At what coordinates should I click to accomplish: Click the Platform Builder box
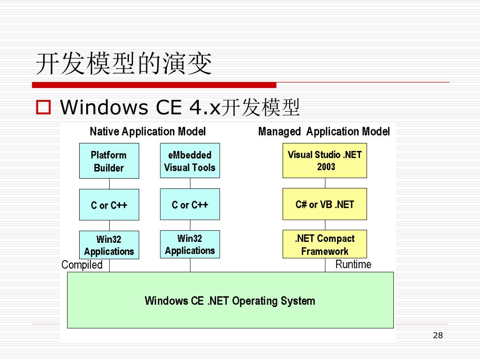click(109, 161)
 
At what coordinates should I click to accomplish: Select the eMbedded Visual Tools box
click(190, 160)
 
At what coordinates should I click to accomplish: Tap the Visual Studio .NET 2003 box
click(325, 160)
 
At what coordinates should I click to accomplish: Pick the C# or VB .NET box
click(325, 204)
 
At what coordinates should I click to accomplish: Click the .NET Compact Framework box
click(325, 244)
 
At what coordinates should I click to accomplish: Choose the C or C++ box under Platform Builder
click(109, 205)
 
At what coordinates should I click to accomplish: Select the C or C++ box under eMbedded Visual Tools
click(190, 204)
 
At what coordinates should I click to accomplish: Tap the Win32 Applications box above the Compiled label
click(109, 245)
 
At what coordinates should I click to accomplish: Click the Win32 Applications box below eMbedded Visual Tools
click(190, 244)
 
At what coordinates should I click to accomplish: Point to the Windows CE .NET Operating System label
click(230, 300)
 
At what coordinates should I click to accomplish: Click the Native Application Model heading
click(148, 132)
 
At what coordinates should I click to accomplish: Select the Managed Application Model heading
click(324, 132)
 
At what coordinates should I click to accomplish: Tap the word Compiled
click(82, 265)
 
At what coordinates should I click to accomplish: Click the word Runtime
click(353, 264)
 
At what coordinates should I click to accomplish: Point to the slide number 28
click(438, 335)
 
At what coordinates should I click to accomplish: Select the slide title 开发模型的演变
click(124, 64)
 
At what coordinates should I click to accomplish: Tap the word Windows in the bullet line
click(100, 108)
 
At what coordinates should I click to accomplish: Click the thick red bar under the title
click(154, 85)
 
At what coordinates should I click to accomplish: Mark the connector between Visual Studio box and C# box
click(325, 183)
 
